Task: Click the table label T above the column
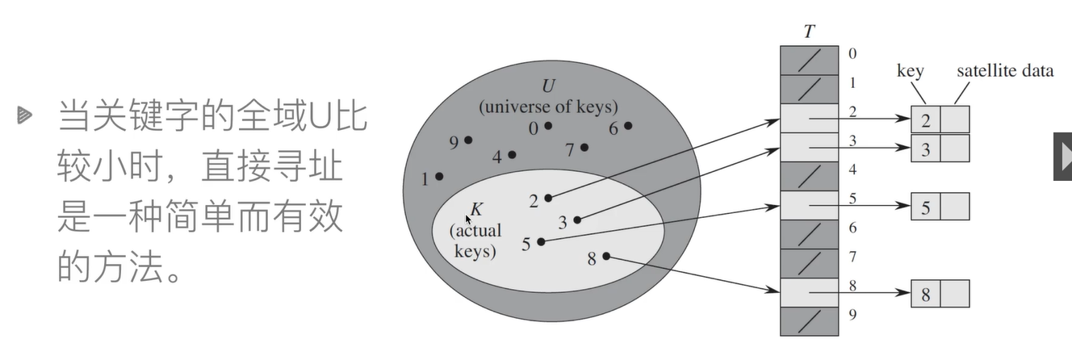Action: (x=809, y=32)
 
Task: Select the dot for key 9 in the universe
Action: (x=468, y=140)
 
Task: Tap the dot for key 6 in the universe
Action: (x=628, y=125)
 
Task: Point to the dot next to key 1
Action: (x=439, y=176)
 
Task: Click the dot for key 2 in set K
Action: (x=548, y=197)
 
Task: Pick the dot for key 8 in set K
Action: (x=606, y=257)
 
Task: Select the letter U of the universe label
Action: (x=549, y=87)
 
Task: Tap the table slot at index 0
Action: (x=810, y=58)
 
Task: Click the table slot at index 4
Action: (x=810, y=175)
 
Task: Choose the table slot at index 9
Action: (x=810, y=320)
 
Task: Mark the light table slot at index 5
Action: (x=810, y=204)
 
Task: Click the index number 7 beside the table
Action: (x=852, y=257)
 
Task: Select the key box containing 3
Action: (x=925, y=149)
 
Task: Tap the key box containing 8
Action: (x=925, y=295)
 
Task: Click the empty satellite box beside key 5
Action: (x=955, y=207)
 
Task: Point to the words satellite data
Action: (x=1005, y=71)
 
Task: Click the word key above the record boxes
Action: (x=910, y=71)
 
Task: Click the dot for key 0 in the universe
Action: (x=548, y=125)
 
